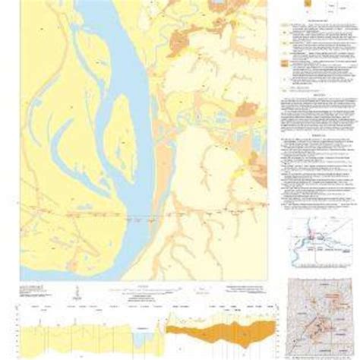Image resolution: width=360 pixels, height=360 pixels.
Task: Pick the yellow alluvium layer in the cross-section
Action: pyautogui.click(x=76, y=334)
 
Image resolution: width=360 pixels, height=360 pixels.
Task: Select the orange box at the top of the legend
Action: pyautogui.click(x=308, y=5)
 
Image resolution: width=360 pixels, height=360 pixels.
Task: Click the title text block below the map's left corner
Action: pyautogui.click(x=38, y=288)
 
